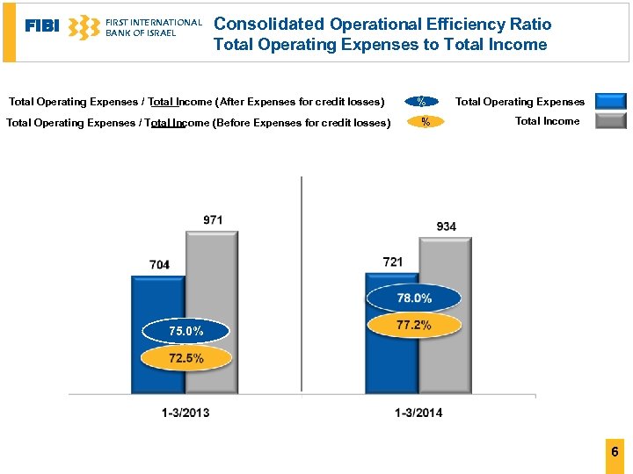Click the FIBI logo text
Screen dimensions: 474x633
(x=42, y=26)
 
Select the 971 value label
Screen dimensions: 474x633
(x=213, y=219)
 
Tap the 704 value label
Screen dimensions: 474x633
(x=159, y=264)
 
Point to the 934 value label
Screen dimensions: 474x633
(x=447, y=226)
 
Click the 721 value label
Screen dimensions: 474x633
(x=393, y=262)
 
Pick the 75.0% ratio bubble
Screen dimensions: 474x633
(x=186, y=331)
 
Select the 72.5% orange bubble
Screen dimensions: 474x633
(x=186, y=357)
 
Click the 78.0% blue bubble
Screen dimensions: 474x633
(x=414, y=298)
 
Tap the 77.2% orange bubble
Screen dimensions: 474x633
(x=414, y=325)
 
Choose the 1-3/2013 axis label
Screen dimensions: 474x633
(x=186, y=413)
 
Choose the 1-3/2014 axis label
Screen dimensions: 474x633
(x=418, y=413)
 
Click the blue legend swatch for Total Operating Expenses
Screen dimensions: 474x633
(x=610, y=101)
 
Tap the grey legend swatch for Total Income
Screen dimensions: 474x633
(x=610, y=121)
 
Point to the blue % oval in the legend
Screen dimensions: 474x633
(x=422, y=102)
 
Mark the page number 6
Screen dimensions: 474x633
(x=615, y=452)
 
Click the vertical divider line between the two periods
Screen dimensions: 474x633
(x=302, y=281)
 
